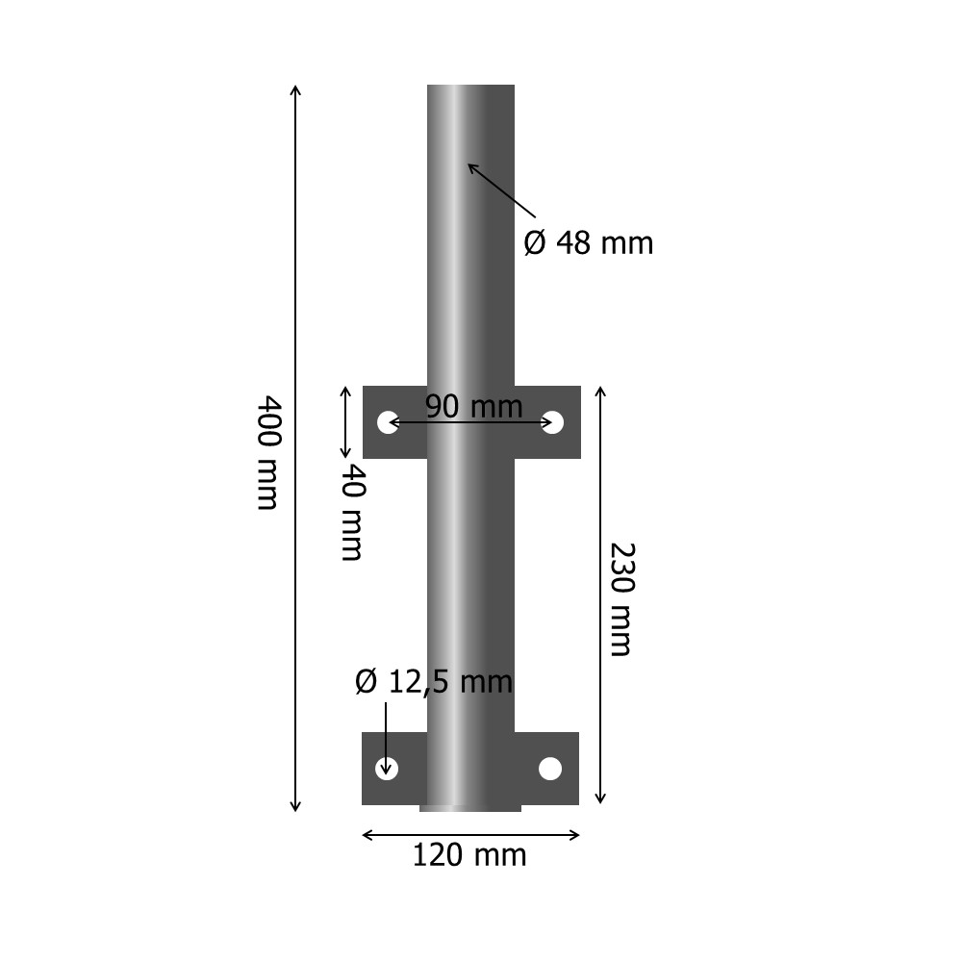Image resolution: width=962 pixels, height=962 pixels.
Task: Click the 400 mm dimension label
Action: pos(268,452)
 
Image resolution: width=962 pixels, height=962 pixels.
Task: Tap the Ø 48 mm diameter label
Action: pos(588,243)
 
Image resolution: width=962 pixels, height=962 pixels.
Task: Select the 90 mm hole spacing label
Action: pos(473,407)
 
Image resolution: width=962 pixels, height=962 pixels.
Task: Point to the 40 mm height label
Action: pos(352,512)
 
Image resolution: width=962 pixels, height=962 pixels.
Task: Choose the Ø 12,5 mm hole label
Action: pos(433,682)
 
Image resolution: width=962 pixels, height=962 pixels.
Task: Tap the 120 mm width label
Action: pos(469,854)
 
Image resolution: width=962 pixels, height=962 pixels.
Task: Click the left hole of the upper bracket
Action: pos(388,422)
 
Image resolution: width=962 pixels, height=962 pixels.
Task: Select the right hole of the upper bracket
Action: pos(552,422)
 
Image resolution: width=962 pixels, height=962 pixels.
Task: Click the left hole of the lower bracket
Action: pos(386,768)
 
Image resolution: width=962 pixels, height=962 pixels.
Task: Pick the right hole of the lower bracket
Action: pos(550,769)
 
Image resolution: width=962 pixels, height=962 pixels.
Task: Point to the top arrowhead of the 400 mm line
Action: pos(295,89)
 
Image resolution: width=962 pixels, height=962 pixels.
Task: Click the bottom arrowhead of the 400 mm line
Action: pos(295,807)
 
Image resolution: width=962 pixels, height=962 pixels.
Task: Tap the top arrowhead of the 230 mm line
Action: pos(600,390)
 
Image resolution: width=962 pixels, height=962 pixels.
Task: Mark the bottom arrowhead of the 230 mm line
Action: pos(600,799)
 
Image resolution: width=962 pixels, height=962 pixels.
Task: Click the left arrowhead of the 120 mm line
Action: pos(366,835)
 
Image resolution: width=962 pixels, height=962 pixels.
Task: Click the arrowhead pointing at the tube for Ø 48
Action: pos(471,166)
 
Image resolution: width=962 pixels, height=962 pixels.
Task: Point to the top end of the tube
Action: pos(470,88)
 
